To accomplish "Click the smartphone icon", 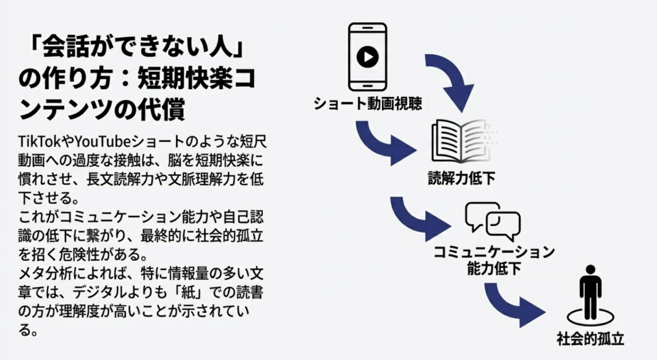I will click(368, 57).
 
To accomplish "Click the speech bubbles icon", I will click(493, 222).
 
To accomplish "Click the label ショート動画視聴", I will click(368, 104).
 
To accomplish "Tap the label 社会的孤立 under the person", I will click(590, 339).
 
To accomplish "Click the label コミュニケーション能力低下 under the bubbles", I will click(493, 260).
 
